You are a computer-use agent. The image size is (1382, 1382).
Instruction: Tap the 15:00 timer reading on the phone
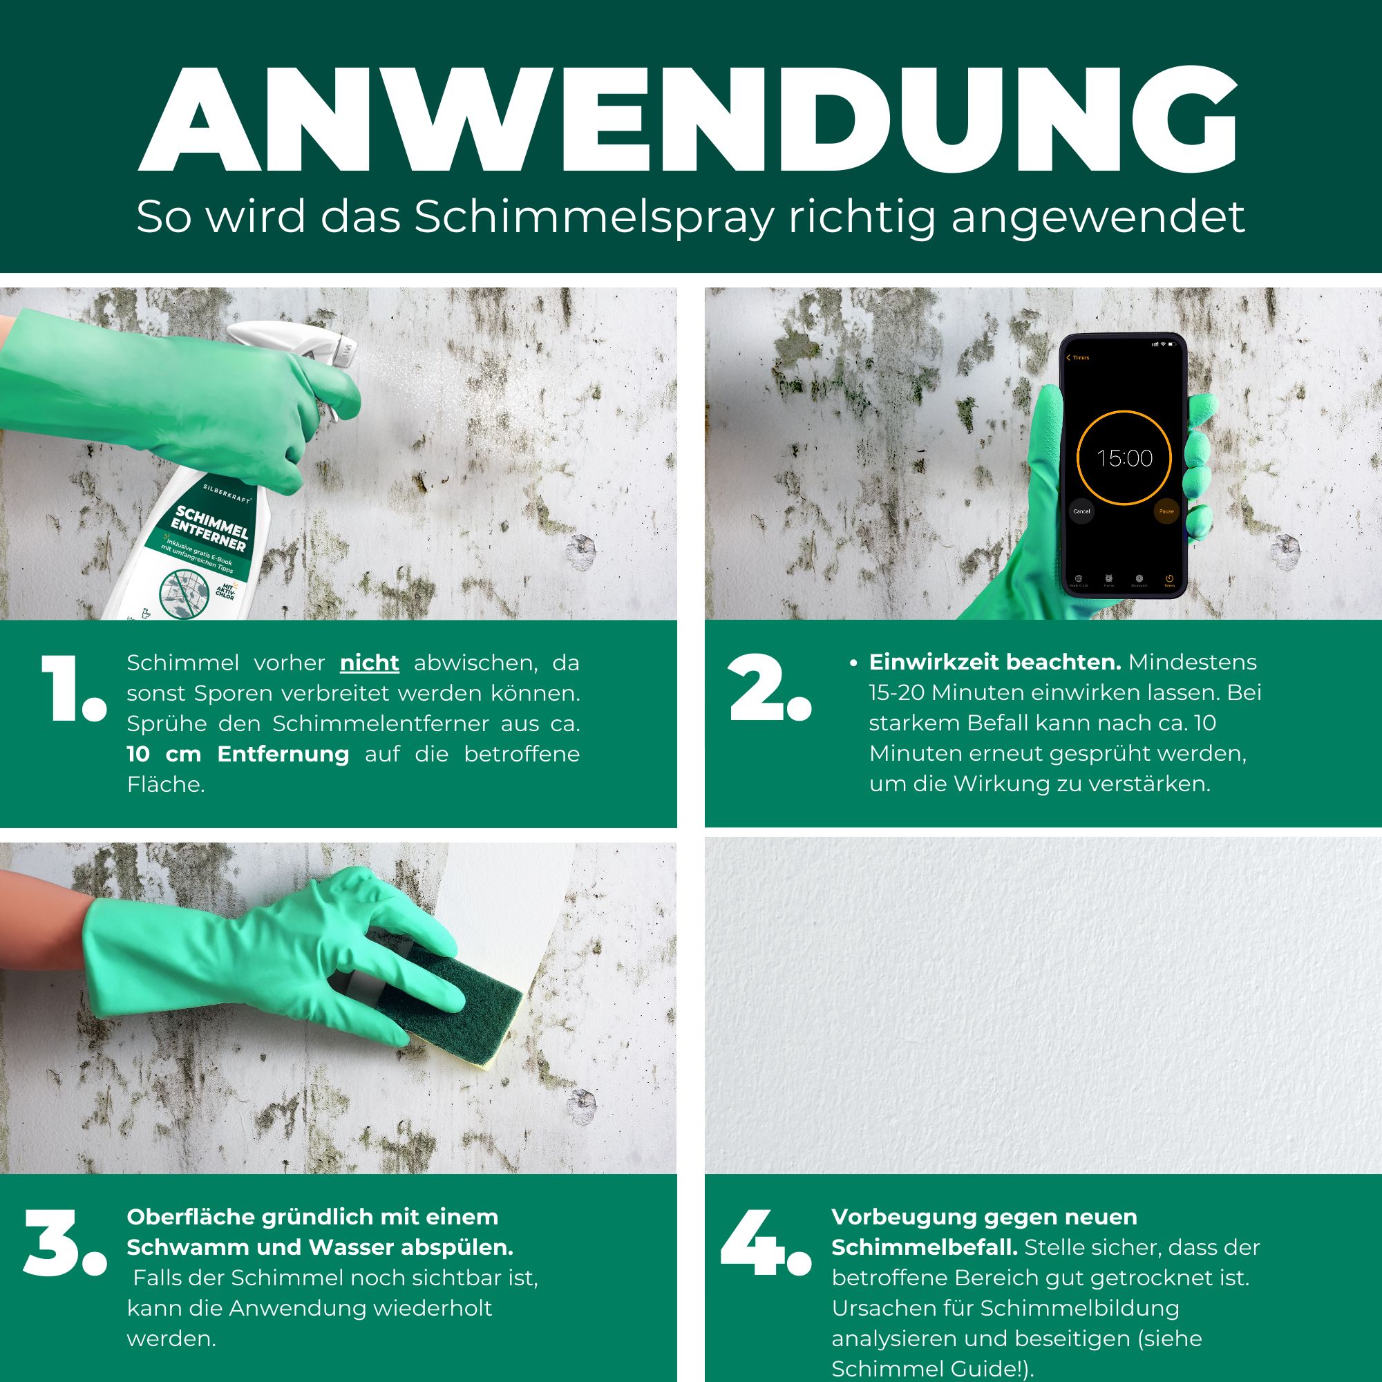[1124, 458]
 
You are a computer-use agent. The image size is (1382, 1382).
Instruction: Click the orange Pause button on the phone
[1166, 511]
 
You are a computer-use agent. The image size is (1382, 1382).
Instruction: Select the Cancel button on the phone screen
[1081, 511]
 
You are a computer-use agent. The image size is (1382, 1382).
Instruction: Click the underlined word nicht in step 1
[369, 663]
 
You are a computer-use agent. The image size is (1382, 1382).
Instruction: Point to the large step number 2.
[769, 688]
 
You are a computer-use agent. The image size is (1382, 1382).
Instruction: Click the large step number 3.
[64, 1244]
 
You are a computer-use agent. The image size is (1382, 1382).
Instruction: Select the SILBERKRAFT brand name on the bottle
[227, 493]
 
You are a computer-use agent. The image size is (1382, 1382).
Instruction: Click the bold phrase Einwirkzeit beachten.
[994, 662]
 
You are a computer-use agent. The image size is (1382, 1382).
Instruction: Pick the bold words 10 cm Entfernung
[238, 754]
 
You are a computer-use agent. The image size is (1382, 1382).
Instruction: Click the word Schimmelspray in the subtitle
[594, 216]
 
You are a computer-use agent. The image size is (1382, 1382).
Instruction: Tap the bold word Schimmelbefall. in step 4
[923, 1247]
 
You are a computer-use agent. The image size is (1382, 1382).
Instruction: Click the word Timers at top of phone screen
[1080, 358]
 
